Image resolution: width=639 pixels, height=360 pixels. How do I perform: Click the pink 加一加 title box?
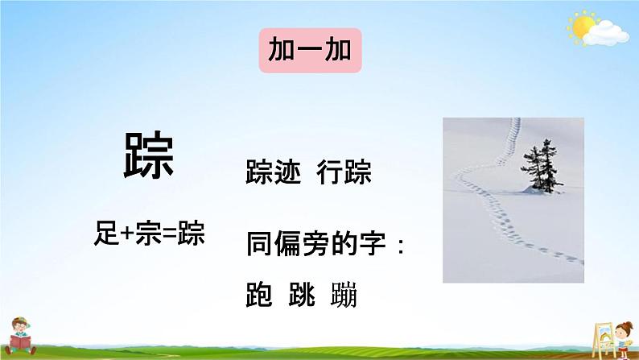click(310, 51)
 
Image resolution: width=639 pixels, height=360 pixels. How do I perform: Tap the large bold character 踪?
click(149, 155)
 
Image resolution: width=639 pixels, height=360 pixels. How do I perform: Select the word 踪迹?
click(274, 172)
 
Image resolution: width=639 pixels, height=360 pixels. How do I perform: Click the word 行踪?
click(344, 172)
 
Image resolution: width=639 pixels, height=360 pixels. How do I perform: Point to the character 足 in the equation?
click(107, 234)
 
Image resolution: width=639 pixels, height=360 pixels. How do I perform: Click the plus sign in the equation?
click(127, 234)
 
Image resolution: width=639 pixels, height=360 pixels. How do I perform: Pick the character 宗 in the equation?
click(148, 234)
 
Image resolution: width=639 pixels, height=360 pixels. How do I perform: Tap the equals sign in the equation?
click(170, 234)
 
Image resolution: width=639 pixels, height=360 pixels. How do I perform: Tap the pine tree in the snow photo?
click(542, 168)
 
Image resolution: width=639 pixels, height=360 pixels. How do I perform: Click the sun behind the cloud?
click(583, 26)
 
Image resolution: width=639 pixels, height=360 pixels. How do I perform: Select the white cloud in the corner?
click(605, 34)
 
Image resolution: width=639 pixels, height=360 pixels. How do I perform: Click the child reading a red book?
click(20, 337)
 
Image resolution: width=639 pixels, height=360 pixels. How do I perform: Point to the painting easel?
click(603, 341)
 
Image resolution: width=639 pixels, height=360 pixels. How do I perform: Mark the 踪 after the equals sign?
click(191, 234)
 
